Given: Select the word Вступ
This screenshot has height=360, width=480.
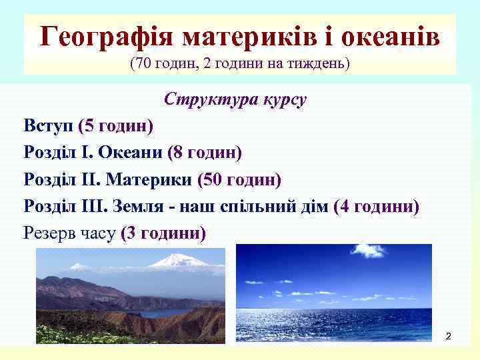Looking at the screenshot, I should [48, 125].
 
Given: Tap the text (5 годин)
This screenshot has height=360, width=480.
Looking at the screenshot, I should [115, 125].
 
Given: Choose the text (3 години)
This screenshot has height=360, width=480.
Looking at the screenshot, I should [163, 233].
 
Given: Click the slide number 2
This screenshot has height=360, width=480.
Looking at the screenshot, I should [448, 335].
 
